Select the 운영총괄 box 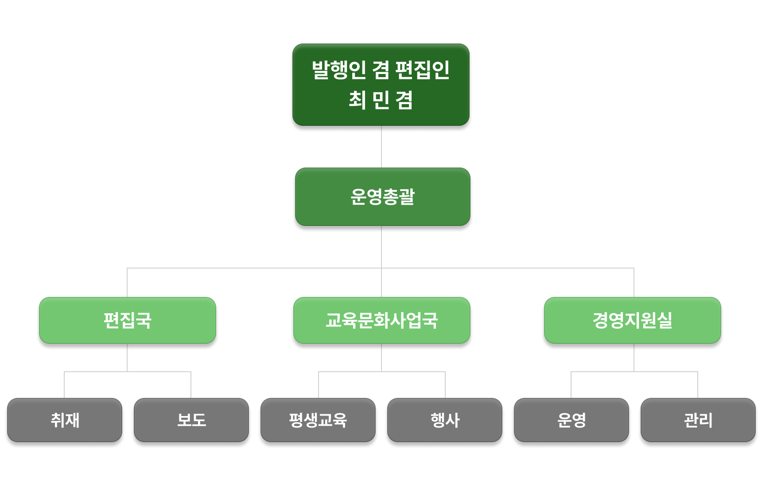(x=382, y=196)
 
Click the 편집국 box (x=127, y=320)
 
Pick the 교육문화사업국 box (x=381, y=320)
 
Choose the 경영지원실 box (x=633, y=320)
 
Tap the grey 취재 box (x=65, y=420)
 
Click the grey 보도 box (x=191, y=420)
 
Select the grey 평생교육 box (x=318, y=420)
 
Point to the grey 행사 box (x=445, y=420)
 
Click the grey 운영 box (x=571, y=420)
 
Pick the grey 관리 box (x=698, y=420)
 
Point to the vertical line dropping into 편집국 (x=127, y=283)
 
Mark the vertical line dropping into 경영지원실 (x=634, y=283)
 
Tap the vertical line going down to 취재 (x=64, y=385)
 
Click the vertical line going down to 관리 (x=698, y=385)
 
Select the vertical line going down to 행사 (x=445, y=385)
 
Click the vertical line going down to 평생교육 (x=319, y=385)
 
